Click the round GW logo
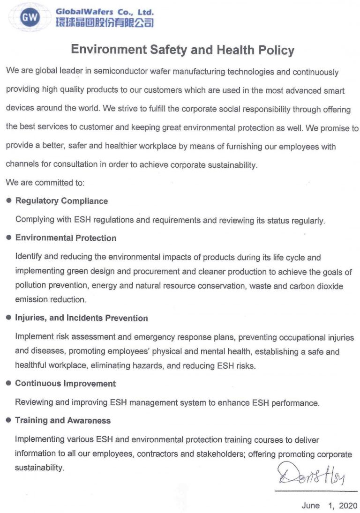[x=30, y=17]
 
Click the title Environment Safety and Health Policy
[x=182, y=50]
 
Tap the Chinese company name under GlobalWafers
[x=105, y=22]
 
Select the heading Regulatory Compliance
[x=61, y=201]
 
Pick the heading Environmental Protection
[x=66, y=238]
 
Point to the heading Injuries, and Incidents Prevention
[x=81, y=318]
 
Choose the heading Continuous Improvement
[x=65, y=383]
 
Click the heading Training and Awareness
[x=63, y=420]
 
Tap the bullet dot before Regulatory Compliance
[x=8, y=201]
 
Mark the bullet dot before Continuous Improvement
[x=8, y=383]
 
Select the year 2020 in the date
[x=347, y=506]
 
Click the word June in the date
[x=311, y=506]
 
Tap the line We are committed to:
[x=45, y=183]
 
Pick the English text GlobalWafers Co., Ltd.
[x=105, y=11]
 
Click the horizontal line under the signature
[x=315, y=491]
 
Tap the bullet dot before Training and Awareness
[x=8, y=420]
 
